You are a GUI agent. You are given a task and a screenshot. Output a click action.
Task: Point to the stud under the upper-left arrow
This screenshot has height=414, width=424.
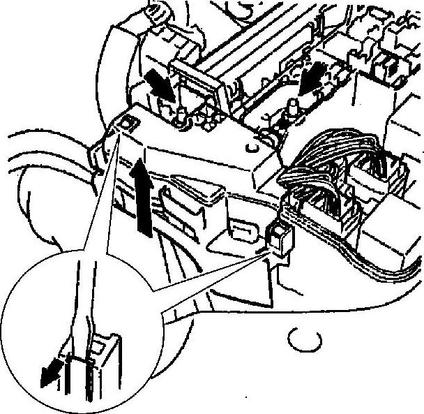(x=180, y=115)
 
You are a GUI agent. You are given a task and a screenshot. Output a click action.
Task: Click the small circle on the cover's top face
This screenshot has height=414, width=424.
(x=250, y=148)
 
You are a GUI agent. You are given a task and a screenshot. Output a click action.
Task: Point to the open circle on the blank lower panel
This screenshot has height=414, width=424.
(x=302, y=339)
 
